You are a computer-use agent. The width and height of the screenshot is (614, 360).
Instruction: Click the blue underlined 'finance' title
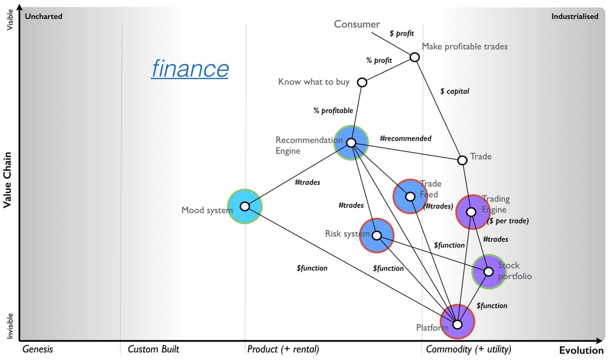[x=190, y=69]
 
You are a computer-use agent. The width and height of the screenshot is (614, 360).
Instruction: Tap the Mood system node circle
[x=245, y=206]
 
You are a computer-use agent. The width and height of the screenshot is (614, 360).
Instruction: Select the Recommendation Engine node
[x=351, y=143]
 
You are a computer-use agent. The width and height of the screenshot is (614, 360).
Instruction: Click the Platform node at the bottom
[x=457, y=324]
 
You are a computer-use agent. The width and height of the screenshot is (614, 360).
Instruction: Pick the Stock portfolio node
[x=489, y=272]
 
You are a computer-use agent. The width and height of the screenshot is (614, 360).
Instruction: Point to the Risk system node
[x=377, y=235]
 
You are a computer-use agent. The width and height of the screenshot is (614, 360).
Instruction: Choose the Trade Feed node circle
[x=410, y=197]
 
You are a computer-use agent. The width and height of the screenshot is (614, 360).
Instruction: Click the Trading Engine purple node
[x=471, y=212]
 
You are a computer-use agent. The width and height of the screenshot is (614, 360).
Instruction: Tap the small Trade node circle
[x=462, y=160]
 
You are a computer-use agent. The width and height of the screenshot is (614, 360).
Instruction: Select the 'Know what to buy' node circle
[x=362, y=83]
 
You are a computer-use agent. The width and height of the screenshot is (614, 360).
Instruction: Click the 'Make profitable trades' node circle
[x=414, y=57]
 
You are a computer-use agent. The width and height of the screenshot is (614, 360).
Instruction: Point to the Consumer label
[x=357, y=24]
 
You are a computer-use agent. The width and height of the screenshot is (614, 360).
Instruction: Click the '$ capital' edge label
[x=455, y=91]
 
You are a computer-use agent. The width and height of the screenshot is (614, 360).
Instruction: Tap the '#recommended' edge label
[x=406, y=139]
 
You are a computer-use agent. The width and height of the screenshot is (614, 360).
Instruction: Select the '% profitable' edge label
[x=333, y=111]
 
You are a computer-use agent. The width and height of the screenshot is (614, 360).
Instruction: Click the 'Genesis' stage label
[x=38, y=349]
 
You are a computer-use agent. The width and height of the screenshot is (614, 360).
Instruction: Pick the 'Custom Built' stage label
[x=153, y=349]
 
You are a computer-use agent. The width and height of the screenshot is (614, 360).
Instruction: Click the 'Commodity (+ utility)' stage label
[x=469, y=349]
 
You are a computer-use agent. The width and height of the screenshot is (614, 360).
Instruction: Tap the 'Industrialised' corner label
[x=574, y=17]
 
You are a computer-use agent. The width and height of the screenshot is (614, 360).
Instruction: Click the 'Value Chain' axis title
[x=7, y=180]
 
